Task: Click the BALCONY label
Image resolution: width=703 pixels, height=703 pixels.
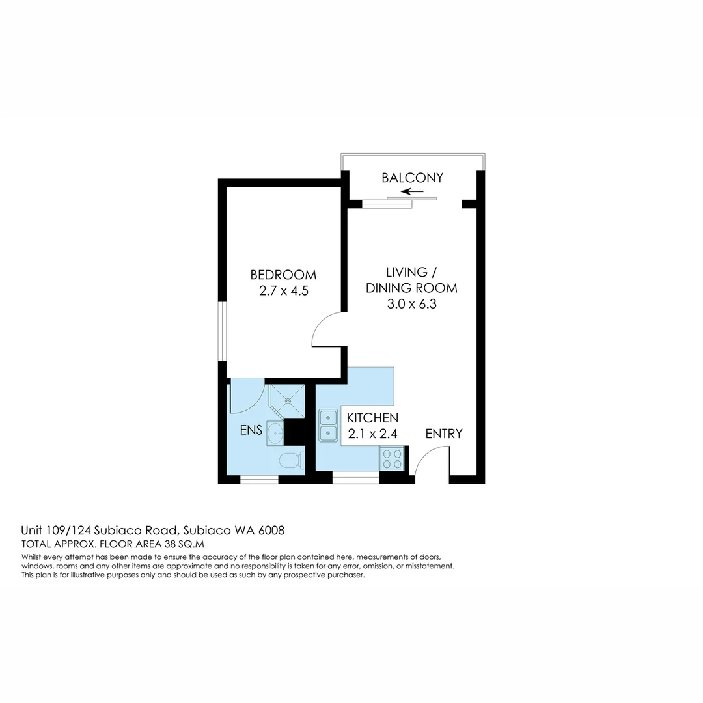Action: point(412,178)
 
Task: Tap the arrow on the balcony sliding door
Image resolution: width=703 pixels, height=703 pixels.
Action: point(412,192)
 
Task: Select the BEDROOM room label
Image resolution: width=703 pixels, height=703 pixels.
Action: point(283,275)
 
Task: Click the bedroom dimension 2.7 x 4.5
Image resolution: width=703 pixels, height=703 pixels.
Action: point(283,291)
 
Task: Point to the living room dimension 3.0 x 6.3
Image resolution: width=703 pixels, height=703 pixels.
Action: point(411,304)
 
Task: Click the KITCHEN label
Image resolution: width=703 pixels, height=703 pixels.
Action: point(372,418)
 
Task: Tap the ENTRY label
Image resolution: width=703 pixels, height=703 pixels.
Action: point(444,434)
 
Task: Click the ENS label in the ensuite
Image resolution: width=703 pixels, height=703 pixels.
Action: point(251,430)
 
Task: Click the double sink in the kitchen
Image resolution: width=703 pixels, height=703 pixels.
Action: point(328,424)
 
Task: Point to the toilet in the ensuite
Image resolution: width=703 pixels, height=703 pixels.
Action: point(290,461)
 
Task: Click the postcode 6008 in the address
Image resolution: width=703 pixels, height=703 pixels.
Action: point(271,531)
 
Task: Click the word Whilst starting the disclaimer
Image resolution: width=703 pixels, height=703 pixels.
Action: point(34,557)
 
